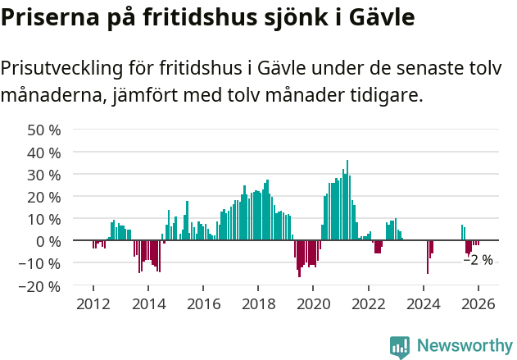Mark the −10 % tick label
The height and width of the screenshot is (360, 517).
(42, 264)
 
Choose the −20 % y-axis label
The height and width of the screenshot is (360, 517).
(42, 286)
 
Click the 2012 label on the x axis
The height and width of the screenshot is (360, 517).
(93, 303)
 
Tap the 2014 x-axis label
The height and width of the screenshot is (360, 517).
(148, 303)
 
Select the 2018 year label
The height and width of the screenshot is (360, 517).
(258, 303)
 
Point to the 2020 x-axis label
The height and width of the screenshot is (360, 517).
(313, 303)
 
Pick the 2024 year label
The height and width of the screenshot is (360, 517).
(424, 303)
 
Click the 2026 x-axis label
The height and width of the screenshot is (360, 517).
(478, 303)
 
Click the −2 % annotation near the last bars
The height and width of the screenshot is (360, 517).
(478, 260)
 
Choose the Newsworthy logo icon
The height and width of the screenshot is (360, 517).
(400, 347)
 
